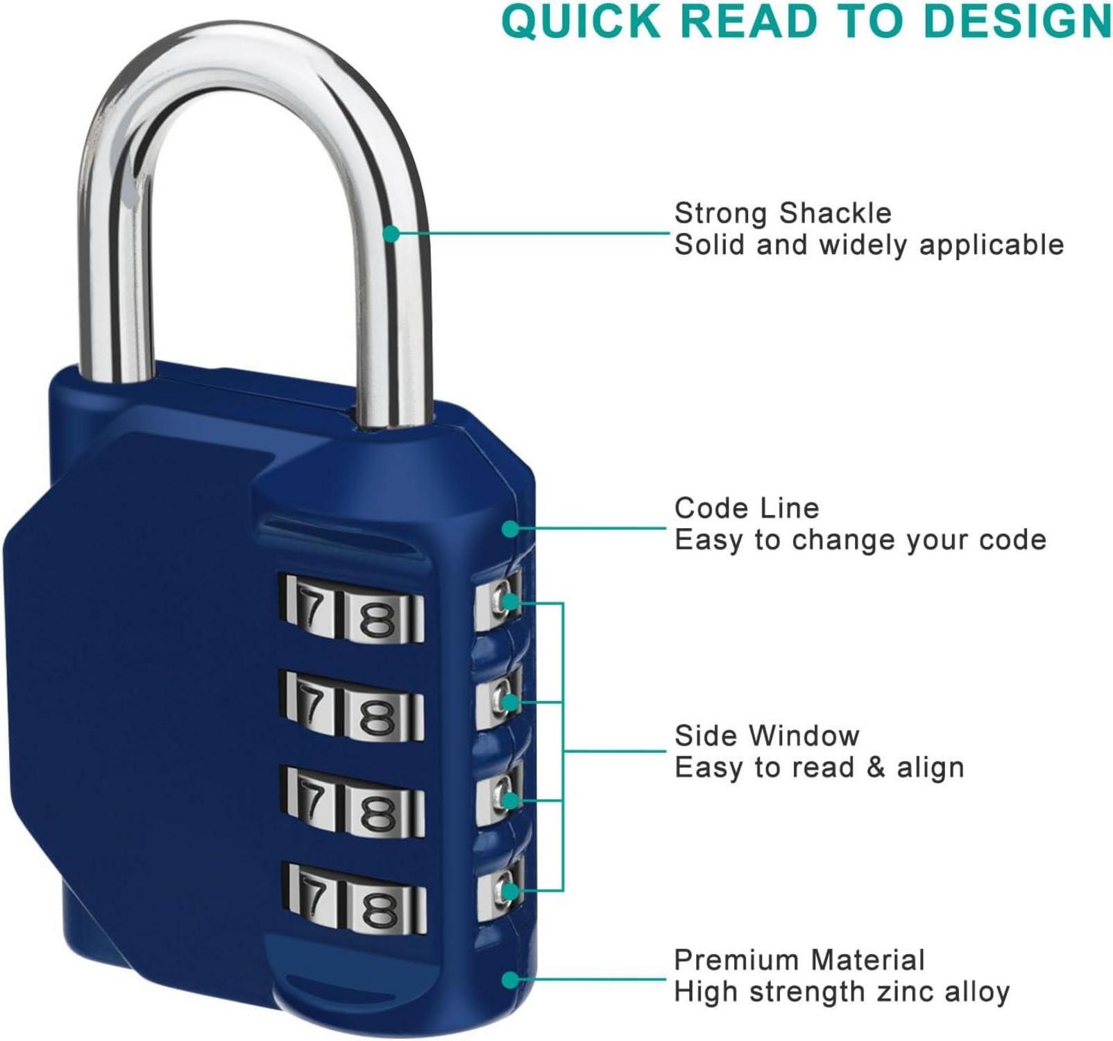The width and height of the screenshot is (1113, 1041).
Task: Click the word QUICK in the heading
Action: point(581,22)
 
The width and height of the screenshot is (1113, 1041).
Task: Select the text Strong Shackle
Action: point(783,213)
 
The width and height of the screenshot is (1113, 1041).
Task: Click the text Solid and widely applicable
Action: point(869,245)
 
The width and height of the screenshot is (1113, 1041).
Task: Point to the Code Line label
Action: point(747,508)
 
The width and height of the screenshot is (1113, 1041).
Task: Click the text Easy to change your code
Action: point(860,540)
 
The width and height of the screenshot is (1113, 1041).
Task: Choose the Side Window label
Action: point(767,736)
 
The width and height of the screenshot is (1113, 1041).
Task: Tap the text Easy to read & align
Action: point(819,768)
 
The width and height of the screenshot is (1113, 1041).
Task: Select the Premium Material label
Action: point(799,960)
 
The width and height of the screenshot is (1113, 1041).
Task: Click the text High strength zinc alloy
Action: point(842,992)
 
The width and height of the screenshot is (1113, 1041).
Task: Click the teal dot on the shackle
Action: point(391,233)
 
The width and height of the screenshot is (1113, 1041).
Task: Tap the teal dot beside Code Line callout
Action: point(510,529)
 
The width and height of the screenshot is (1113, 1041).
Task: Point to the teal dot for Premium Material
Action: point(510,980)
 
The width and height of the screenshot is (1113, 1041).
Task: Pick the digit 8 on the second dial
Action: point(377,715)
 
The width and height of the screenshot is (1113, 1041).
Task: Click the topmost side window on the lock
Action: point(498,600)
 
